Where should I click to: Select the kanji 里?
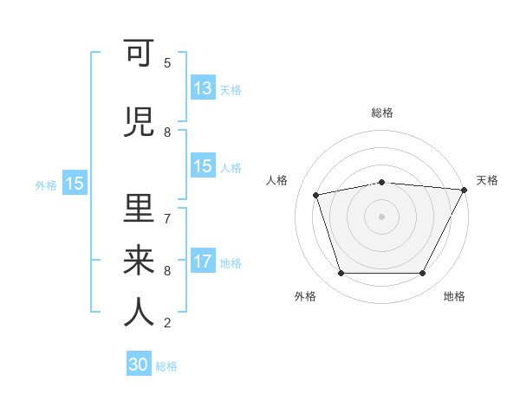point(139,209)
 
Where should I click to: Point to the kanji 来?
point(139,260)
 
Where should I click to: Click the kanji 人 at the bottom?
point(139,311)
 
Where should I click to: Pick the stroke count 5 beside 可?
point(167,62)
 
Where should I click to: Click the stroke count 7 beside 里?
point(167,217)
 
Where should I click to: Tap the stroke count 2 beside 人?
point(167,323)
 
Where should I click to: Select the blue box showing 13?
point(203,88)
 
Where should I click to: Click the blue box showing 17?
point(203,262)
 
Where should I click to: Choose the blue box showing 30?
point(139,365)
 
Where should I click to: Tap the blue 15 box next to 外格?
point(74,184)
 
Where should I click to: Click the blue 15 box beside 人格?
point(203,166)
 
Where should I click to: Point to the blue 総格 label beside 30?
point(167,366)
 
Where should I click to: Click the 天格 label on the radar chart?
point(487,180)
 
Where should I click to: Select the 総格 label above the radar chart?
point(381,113)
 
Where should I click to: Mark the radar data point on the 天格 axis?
point(465,190)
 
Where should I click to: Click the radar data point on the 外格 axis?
point(341,274)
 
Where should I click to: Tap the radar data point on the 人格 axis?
point(316,195)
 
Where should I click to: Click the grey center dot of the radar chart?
point(381,216)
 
